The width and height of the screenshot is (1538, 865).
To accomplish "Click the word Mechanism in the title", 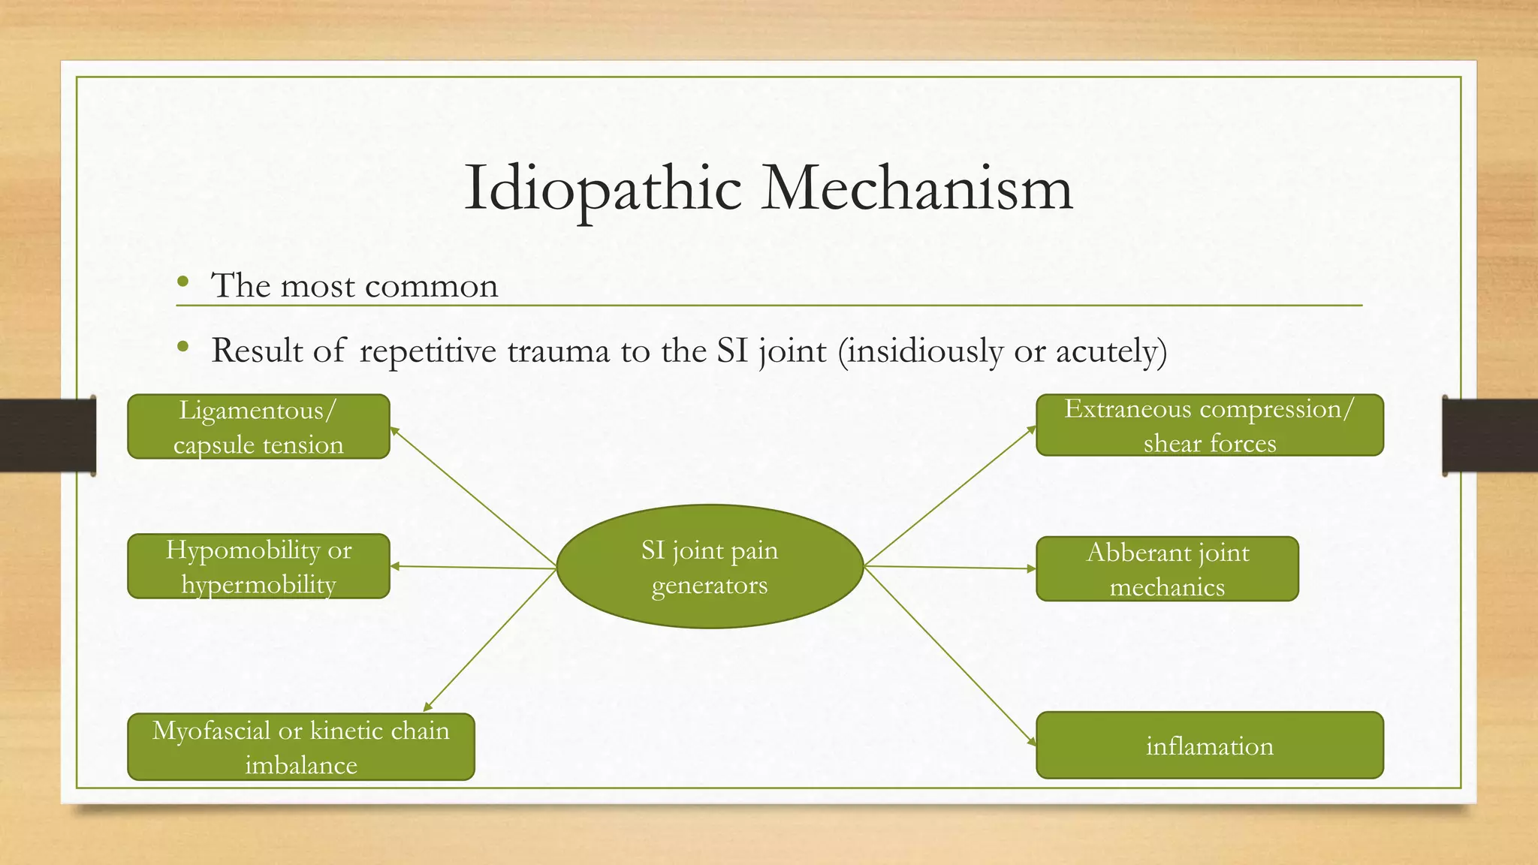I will click(917, 188).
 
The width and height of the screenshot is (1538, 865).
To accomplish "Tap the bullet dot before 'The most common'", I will click(182, 283).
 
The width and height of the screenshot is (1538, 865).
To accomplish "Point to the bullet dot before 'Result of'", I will click(182, 347).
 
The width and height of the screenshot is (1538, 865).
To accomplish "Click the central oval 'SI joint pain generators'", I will click(710, 567).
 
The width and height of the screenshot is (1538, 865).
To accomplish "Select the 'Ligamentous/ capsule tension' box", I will click(258, 426).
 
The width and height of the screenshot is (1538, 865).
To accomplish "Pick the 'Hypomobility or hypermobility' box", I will click(258, 566).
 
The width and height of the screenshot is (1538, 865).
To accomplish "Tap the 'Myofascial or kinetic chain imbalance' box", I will click(300, 747).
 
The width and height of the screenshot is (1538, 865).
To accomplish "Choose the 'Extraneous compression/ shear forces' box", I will click(1209, 425).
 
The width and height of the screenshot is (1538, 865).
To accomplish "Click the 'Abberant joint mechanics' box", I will click(1167, 569).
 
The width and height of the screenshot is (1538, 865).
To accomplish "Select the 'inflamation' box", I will click(1209, 746).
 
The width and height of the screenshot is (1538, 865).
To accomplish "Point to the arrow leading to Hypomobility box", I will click(473, 568).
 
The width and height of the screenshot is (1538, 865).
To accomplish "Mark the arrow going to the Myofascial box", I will click(490, 640).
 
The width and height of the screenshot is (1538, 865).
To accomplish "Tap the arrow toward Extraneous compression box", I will click(950, 496).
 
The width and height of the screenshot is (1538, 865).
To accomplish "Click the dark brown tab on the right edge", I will click(1490, 436).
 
